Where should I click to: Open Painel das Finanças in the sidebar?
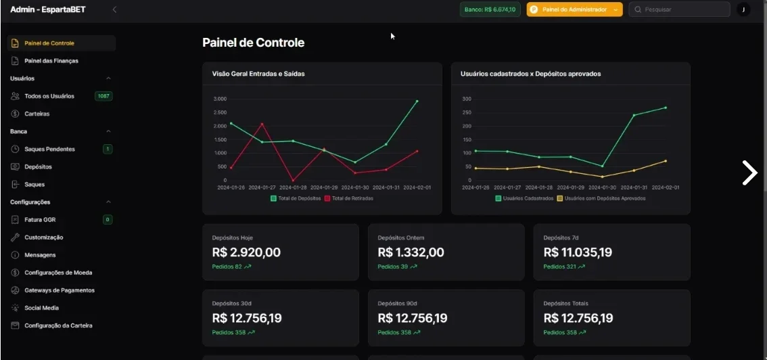click(x=51, y=61)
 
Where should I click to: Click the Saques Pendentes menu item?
click(x=49, y=149)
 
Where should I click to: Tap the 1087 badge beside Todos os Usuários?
click(x=103, y=96)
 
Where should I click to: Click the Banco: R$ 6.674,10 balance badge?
click(x=490, y=9)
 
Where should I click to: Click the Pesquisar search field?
click(x=679, y=9)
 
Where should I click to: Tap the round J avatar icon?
click(x=743, y=9)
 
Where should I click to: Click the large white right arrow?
click(x=749, y=173)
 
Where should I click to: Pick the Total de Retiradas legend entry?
click(x=349, y=198)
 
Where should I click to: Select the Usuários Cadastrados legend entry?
click(x=524, y=198)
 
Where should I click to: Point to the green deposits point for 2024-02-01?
click(x=417, y=102)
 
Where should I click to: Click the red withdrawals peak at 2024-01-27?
click(x=262, y=124)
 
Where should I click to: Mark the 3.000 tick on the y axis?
click(x=220, y=99)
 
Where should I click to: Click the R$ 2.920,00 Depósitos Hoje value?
click(x=246, y=252)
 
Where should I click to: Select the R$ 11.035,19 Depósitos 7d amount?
click(x=578, y=252)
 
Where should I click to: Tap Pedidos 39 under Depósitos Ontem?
click(x=393, y=267)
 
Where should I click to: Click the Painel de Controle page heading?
click(x=254, y=43)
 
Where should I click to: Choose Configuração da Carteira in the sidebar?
click(x=58, y=325)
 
